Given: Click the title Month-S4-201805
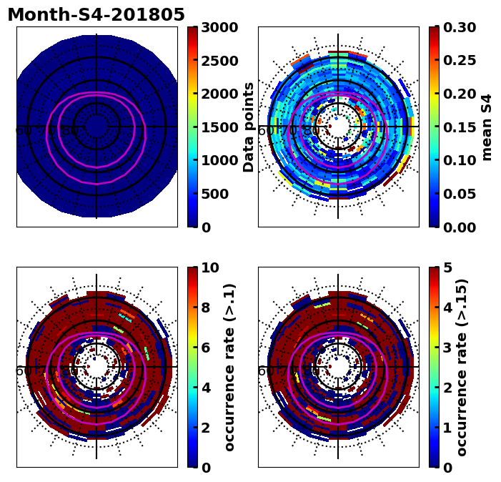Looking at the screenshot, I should pos(96,15).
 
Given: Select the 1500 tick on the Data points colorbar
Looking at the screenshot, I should pos(219,127).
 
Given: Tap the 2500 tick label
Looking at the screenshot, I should pos(219,61).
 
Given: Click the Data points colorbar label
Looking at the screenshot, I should pos(249,127).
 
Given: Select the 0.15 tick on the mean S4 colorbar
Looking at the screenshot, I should pos(459,127).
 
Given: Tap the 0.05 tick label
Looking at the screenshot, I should pos(459,194).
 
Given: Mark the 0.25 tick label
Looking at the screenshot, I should pos(459,61).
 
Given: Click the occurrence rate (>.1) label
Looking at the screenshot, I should pos(229,367).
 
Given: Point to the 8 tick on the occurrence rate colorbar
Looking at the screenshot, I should pos(206,308).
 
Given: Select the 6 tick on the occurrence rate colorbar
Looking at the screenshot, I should pos(206,348).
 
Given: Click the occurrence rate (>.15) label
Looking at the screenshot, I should pos(462,367).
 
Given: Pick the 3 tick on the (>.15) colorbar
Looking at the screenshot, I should pos(447,348).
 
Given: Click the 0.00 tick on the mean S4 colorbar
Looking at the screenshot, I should pos(459,227).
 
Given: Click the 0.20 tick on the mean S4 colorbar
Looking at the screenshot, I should pos(459,94).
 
